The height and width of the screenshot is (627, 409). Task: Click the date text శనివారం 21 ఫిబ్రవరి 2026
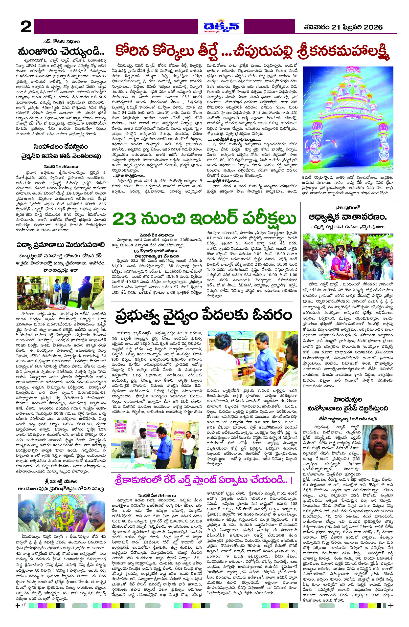click(342, 27)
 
